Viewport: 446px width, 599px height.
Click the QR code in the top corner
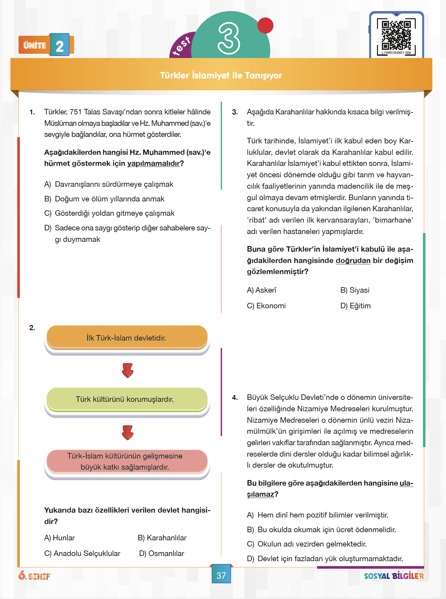(x=396, y=37)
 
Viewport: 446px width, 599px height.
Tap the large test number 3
(x=229, y=38)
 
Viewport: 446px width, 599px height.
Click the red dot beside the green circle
(x=265, y=25)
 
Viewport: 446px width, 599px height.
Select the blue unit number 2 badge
(x=60, y=45)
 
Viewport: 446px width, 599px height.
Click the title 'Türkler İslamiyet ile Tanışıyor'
(x=221, y=75)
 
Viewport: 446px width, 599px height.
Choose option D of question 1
(x=127, y=233)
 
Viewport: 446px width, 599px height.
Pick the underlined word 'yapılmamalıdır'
(x=153, y=163)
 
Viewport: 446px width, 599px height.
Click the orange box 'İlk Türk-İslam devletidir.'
(x=127, y=338)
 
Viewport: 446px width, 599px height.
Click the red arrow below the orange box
(x=127, y=370)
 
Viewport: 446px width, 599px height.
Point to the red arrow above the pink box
(x=127, y=432)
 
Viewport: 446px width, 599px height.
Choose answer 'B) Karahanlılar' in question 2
(x=162, y=538)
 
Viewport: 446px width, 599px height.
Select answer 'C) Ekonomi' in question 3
(x=266, y=306)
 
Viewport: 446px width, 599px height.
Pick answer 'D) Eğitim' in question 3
(x=355, y=306)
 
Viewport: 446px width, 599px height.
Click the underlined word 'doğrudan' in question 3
(x=353, y=260)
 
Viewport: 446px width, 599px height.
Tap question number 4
(x=235, y=398)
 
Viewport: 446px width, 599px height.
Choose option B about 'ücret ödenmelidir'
(x=321, y=530)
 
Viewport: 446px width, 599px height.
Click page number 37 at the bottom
(x=221, y=576)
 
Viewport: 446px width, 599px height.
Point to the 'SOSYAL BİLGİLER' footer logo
(x=394, y=576)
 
